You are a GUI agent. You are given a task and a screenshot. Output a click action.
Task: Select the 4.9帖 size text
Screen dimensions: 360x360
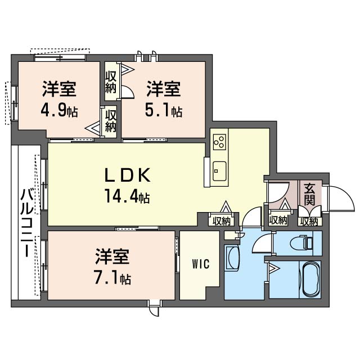58,111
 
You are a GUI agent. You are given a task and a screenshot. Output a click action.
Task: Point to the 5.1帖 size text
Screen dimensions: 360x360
164,111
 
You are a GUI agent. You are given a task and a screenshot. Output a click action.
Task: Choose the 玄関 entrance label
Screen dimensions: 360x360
309,194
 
